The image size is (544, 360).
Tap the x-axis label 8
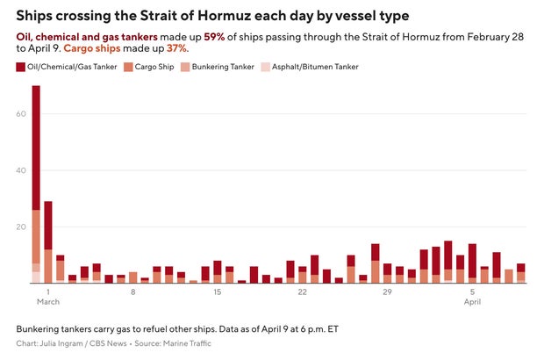coord(132,292)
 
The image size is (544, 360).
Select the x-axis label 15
coord(217,292)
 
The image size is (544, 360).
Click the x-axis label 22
coord(302,292)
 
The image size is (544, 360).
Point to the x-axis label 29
coord(387,292)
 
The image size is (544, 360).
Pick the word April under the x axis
coord(472,302)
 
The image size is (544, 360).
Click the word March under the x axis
coord(48,302)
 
